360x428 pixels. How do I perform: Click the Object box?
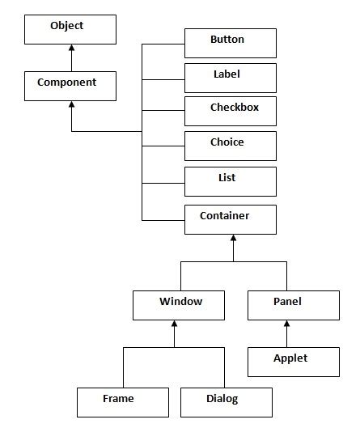(x=66, y=30)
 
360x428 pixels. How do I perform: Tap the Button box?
(x=231, y=43)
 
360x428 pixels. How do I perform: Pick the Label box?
(x=231, y=77)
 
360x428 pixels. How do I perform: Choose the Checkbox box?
(x=231, y=111)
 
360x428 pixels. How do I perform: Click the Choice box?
(x=231, y=146)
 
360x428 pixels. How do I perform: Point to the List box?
(x=231, y=180)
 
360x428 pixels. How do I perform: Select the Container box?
(x=231, y=219)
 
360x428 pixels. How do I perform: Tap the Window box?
(x=180, y=306)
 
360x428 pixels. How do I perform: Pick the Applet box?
(x=293, y=362)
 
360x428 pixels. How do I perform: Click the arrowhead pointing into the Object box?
(x=71, y=49)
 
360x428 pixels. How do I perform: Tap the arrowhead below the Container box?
(x=233, y=239)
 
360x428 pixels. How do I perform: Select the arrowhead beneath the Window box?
(x=175, y=325)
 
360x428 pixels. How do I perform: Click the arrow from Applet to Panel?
(x=286, y=336)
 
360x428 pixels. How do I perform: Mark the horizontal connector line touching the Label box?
(x=163, y=79)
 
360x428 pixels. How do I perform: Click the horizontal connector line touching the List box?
(x=163, y=184)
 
